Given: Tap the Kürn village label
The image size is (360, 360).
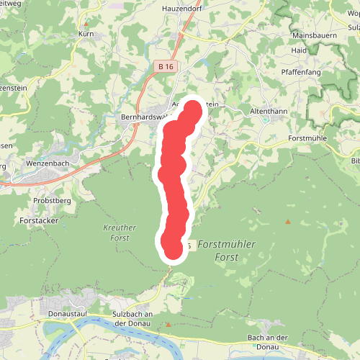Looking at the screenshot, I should point(86,33).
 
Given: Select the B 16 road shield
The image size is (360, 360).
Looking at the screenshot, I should point(166,66).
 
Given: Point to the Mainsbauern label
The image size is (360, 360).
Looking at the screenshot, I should point(315,35).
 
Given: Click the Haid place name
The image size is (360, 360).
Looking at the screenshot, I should point(299,50).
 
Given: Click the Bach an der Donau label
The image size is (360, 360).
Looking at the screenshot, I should point(268,343).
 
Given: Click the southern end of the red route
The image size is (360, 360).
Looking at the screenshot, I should point(174,250).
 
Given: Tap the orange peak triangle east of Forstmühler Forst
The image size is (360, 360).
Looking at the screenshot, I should point(287,222).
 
